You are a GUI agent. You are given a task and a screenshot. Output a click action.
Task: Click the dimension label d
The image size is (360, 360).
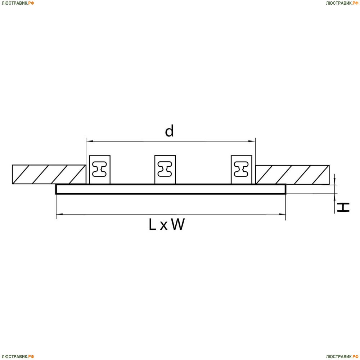coord(170,131)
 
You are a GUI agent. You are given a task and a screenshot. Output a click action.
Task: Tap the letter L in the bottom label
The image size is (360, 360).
coord(152,224)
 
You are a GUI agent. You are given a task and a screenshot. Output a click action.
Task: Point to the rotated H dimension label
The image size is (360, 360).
coord(343,207)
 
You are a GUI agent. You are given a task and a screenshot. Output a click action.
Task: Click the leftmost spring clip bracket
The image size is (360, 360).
coord(100,170)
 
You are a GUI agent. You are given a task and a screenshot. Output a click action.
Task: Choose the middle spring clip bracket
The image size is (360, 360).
coord(165,170)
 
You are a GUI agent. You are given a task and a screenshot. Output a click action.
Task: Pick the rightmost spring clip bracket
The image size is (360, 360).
coord(241,170)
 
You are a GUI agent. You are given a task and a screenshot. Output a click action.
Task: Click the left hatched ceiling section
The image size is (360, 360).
coord(49,174)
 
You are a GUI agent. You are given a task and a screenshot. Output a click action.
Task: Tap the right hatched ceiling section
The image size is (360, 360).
coord(292,175)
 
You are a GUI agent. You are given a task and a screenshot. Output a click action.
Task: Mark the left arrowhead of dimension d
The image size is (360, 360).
coord(89,141)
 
